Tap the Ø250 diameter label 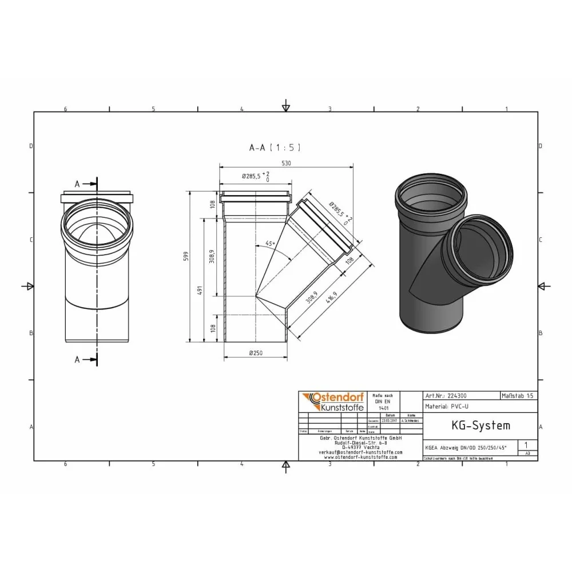coord(255,353)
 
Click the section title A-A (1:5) coord(275,148)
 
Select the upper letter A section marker coord(77,184)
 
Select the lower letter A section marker coord(77,359)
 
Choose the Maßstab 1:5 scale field coord(518,395)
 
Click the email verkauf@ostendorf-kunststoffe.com coord(360,452)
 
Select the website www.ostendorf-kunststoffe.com coord(360,457)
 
